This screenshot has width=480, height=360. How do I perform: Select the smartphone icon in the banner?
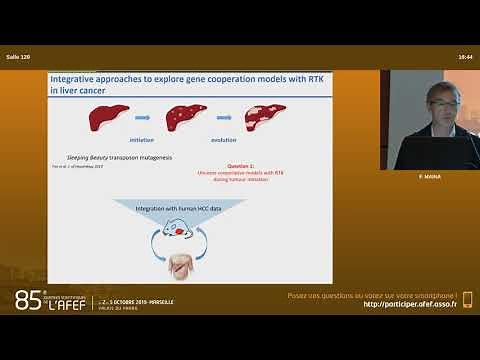(x=466, y=300)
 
